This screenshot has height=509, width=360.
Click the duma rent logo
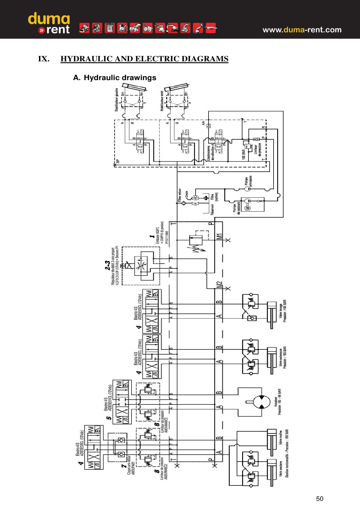coord(49,23)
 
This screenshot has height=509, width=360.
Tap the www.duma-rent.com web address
coord(302,30)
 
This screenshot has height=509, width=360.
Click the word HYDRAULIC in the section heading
coord(86,59)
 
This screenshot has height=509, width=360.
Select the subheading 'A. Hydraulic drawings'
coord(115,78)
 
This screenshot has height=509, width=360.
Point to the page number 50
coord(319,499)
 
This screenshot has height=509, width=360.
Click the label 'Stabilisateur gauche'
coord(117,100)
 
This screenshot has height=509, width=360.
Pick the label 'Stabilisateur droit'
coord(162,101)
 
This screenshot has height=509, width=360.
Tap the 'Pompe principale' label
coord(248,181)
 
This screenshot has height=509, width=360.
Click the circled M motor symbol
coord(248,208)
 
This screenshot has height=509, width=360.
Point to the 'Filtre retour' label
coord(180,195)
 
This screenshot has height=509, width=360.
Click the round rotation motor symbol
coord(261,402)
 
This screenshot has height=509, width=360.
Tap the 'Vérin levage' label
coord(281,311)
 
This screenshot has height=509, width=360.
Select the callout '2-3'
coord(107,265)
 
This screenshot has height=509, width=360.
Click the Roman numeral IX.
coord(44,59)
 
